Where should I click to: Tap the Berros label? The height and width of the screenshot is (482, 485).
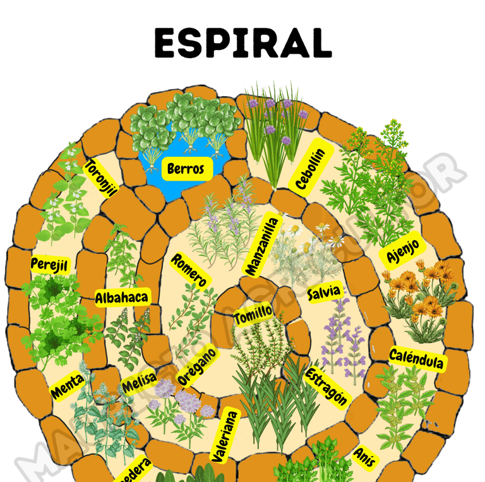pyautogui.click(x=186, y=169)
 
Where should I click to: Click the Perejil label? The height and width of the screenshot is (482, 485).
pyautogui.click(x=49, y=264)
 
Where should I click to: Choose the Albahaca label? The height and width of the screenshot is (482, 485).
pyautogui.click(x=122, y=298)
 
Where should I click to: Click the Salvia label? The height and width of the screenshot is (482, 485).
pyautogui.click(x=324, y=292)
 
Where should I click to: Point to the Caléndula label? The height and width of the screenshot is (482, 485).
pyautogui.click(x=416, y=359)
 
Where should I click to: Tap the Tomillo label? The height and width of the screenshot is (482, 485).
pyautogui.click(x=253, y=313)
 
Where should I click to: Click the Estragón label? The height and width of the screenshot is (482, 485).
pyautogui.click(x=326, y=385)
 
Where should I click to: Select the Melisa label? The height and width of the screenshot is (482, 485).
pyautogui.click(x=138, y=383)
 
